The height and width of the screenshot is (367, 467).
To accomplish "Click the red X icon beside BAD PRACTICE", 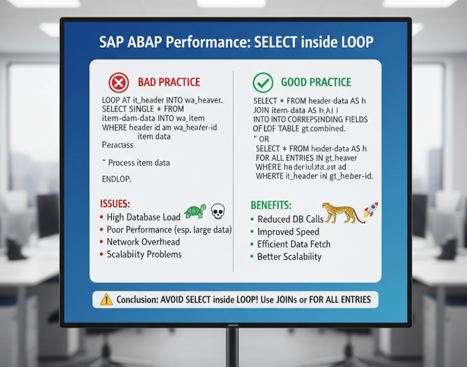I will tap(119, 82).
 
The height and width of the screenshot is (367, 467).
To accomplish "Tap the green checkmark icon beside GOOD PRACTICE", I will tap(262, 82).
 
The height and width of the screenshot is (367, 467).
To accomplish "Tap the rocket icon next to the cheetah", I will tap(372, 210).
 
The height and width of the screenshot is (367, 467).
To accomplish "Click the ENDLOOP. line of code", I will tap(116, 179).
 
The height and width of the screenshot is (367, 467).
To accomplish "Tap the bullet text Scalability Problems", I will tap(145, 254).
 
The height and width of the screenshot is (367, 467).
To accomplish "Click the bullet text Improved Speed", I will tap(290, 232).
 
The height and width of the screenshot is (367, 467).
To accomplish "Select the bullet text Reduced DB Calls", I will tap(291, 219).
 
